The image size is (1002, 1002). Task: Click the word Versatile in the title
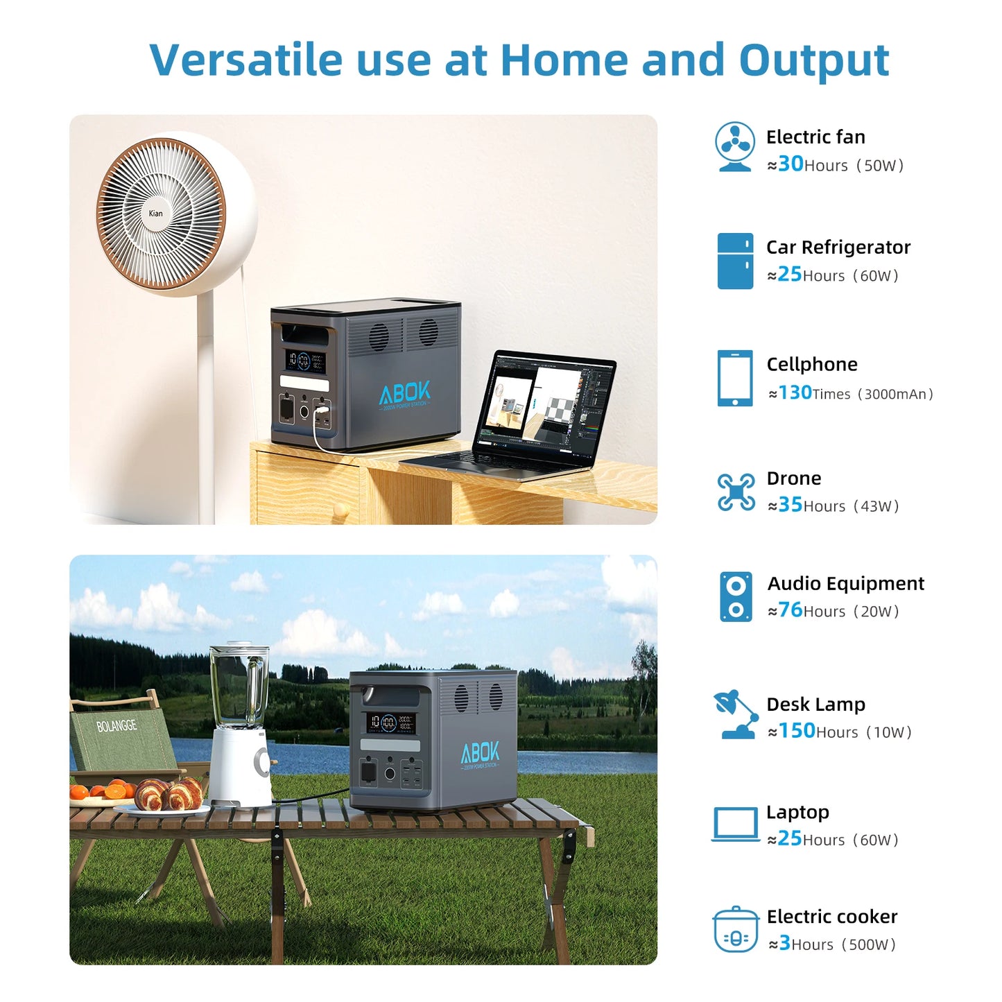point(245,60)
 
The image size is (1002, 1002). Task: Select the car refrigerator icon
point(735,261)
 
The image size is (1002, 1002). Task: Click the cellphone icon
point(735,378)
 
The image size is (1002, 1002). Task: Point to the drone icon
point(736,492)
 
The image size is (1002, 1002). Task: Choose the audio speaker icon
point(736,596)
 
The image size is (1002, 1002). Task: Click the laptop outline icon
point(736,824)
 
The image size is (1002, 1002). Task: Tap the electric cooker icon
point(736,929)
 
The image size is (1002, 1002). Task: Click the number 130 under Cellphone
point(795,392)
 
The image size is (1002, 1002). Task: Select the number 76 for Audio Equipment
point(790,610)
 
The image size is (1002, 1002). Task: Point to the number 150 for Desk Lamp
point(797,730)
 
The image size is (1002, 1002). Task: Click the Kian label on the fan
point(155,213)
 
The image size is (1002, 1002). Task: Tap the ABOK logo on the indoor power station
point(405,393)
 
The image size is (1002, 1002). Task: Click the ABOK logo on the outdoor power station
point(481,752)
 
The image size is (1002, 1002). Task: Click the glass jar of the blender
point(239,686)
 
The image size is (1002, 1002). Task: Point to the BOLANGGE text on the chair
point(116,726)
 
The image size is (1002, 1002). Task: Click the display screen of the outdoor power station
point(390,723)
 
